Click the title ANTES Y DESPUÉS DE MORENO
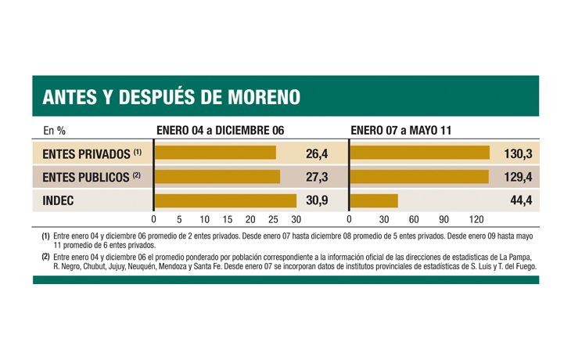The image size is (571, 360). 171,96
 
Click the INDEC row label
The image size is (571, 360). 59,200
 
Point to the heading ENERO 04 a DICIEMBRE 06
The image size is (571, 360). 220,130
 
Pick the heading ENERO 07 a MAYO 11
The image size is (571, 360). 400,130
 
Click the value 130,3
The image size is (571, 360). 517,153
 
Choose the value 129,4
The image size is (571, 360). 517,177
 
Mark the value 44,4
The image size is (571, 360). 520,200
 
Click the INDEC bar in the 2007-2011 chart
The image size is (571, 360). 374,200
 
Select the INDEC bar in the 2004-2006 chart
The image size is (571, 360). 225,200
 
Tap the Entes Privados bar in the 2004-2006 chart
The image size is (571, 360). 215,153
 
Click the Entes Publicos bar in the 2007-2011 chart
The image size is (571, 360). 419,177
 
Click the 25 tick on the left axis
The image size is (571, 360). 273,220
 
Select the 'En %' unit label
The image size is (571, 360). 53,130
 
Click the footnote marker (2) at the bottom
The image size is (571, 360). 45,257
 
